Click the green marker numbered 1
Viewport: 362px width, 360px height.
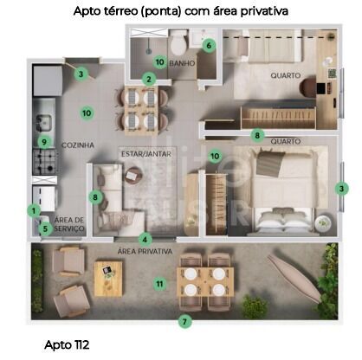34,211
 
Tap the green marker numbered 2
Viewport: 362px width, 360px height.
149,79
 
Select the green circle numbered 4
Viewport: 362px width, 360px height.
145,239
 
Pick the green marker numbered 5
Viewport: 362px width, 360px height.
45,228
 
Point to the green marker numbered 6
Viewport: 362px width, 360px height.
209,45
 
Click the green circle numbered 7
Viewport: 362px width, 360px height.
184,321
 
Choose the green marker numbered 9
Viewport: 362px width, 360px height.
44,142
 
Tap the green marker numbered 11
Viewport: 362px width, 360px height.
159,284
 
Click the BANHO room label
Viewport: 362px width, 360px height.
182,63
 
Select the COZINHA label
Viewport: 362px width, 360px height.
78,145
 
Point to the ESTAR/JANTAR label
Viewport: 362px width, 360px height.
146,154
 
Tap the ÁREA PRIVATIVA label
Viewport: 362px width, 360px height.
145,251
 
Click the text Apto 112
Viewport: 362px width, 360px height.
67,344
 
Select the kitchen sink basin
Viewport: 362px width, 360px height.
44,121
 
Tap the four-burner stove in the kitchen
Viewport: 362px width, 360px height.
45,162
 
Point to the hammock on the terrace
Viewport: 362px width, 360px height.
295,279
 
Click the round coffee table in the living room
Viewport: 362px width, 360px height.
133,175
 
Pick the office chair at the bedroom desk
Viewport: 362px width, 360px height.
308,87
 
